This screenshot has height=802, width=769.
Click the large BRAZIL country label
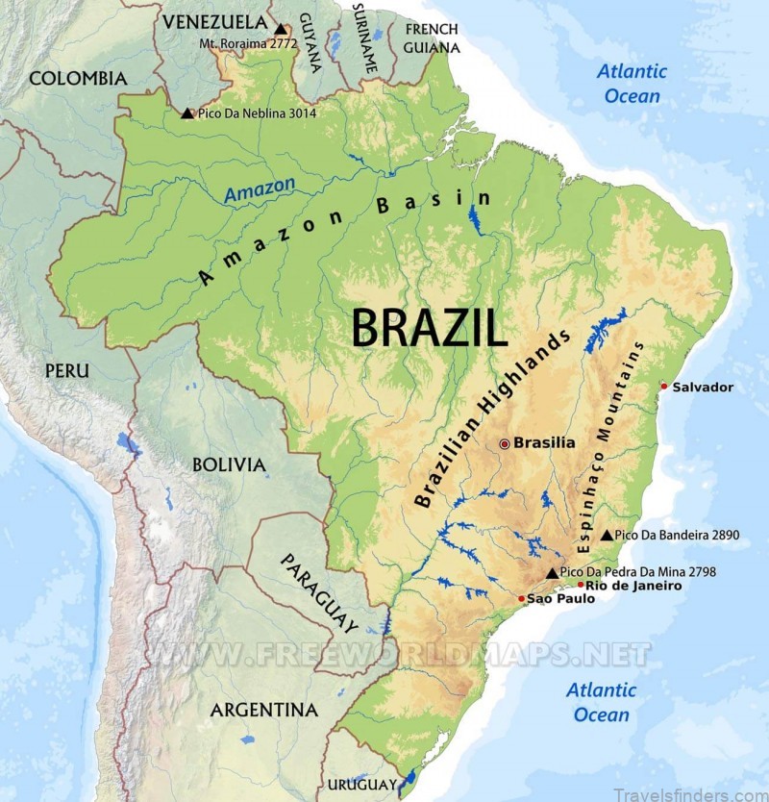[429, 328]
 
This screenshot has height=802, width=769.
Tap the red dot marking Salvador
[663, 387]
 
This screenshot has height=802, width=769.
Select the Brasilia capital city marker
[504, 443]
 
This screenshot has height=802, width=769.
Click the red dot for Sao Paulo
[522, 598]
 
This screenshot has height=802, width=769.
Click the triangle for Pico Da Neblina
[186, 113]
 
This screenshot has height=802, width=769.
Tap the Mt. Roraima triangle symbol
[280, 30]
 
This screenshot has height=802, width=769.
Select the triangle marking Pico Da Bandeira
[607, 535]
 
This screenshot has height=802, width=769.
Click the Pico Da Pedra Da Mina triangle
[552, 573]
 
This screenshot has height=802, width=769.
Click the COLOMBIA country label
[78, 78]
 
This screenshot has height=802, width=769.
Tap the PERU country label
[66, 370]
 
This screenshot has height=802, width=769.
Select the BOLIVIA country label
[229, 465]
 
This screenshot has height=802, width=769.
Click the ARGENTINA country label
[263, 711]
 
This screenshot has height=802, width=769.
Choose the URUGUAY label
[361, 784]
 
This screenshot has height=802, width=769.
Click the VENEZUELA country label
[214, 21]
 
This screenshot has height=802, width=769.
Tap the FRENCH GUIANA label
[431, 38]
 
